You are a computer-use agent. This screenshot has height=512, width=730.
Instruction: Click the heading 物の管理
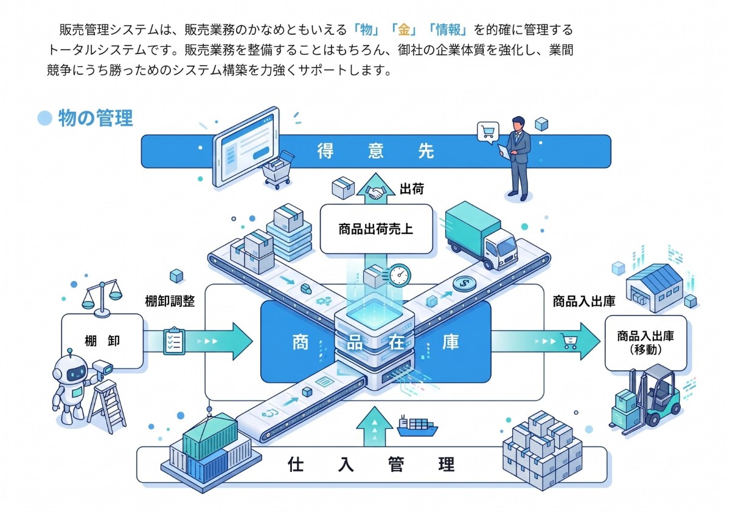[x=96, y=118]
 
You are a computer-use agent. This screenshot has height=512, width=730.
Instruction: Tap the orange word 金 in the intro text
[x=403, y=29]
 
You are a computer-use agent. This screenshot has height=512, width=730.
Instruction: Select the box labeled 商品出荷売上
[x=376, y=229]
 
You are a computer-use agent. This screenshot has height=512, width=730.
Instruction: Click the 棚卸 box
[x=102, y=341]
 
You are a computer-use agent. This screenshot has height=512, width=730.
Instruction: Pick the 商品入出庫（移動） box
[x=645, y=343]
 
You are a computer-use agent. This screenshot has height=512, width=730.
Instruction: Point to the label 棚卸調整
[x=170, y=300]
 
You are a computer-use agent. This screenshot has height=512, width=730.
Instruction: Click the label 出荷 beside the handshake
[x=411, y=189]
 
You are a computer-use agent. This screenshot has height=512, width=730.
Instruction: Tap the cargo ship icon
[x=417, y=426]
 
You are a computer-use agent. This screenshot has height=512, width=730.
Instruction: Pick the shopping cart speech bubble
[x=487, y=131]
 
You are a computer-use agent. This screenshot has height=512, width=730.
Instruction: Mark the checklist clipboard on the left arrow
[x=174, y=341]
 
